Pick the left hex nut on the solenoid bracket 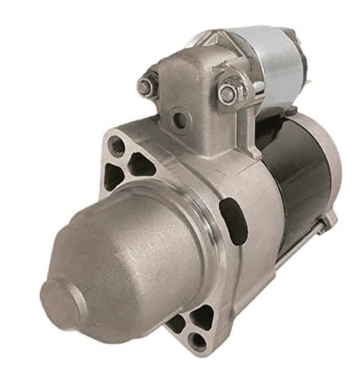pyautogui.click(x=145, y=87)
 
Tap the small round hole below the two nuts pyautogui.click(x=180, y=121)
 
